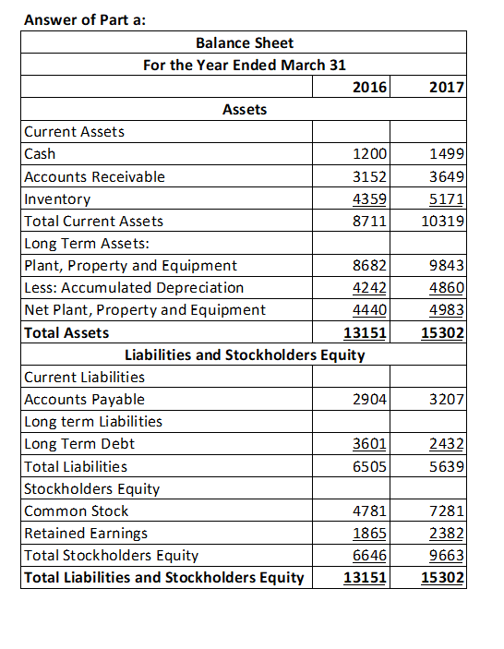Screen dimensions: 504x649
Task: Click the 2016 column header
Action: coord(369,87)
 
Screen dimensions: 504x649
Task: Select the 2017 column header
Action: coord(447,87)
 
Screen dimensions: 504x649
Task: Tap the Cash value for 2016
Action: coord(369,154)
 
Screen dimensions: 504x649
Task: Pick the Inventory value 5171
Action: coord(447,199)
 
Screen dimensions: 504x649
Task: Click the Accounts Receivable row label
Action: coord(95,176)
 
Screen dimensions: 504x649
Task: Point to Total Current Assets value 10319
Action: coord(442,221)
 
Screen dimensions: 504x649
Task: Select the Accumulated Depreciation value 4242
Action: coord(369,288)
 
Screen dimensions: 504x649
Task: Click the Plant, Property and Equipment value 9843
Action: coord(447,265)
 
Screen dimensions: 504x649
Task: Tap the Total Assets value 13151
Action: coord(365,332)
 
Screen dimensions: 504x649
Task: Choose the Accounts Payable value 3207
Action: coord(447,400)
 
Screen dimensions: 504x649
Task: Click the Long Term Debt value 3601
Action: coord(369,444)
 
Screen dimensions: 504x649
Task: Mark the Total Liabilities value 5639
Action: coord(447,466)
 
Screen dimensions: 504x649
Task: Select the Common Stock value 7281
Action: coord(447,511)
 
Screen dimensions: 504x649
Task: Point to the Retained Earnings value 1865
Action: coord(369,533)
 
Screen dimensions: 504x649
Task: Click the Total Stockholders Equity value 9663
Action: coord(447,556)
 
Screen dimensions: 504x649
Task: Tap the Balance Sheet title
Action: coord(245,42)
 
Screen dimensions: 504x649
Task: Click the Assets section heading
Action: coord(245,109)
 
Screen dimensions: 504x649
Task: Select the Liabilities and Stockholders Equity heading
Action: coord(245,355)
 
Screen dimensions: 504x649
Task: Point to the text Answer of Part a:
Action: coord(85,19)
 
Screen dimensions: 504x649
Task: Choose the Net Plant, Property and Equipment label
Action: coord(145,310)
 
